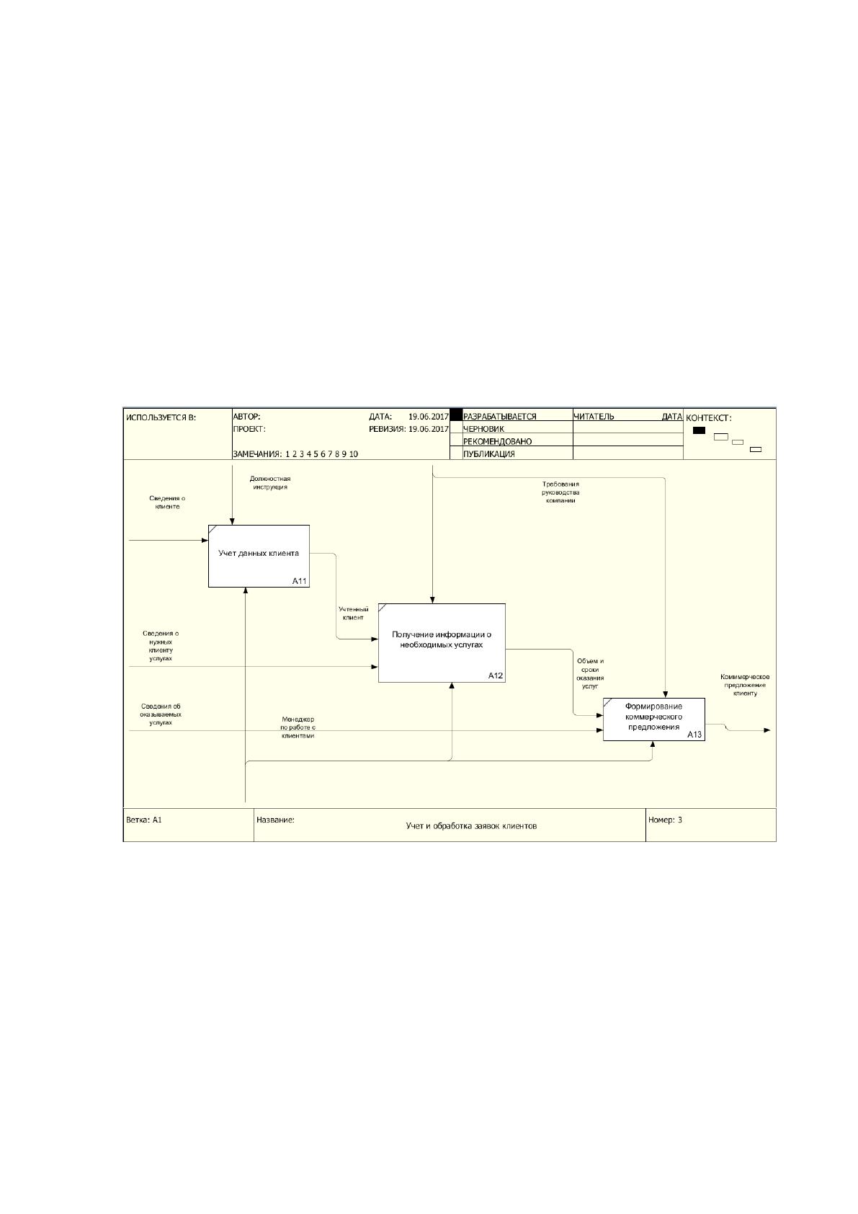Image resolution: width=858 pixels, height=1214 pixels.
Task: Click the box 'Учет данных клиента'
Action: (259, 556)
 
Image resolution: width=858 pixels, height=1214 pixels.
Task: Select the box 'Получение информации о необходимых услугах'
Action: (442, 643)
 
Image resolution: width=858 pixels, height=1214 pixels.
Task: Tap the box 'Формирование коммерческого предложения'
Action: (654, 719)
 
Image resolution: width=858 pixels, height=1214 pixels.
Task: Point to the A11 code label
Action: (300, 581)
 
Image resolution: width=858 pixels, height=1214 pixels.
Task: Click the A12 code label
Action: (495, 675)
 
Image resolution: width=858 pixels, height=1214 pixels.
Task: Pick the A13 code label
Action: (694, 735)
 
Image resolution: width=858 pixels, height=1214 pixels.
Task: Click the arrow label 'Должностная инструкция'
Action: (269, 483)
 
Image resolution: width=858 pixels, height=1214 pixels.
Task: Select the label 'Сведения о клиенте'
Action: (167, 502)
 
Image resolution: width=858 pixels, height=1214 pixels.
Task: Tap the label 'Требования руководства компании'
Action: (560, 492)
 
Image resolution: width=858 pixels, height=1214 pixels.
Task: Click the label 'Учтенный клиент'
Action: (353, 613)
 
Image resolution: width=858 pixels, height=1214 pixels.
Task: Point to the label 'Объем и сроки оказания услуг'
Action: (590, 673)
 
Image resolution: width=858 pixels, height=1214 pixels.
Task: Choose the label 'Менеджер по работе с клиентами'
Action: (298, 727)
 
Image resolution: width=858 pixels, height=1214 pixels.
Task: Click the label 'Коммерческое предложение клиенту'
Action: (745, 685)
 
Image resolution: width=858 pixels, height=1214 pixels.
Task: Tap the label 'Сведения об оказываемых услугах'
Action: (161, 714)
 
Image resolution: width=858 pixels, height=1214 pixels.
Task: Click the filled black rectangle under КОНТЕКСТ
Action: (699, 430)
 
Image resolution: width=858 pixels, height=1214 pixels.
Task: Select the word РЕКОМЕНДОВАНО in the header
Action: (497, 442)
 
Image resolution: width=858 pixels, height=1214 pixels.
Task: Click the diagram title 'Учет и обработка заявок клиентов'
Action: (471, 826)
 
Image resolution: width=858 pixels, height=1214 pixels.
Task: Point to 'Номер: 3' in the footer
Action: (665, 820)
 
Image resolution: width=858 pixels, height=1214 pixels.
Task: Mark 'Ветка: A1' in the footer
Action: (144, 820)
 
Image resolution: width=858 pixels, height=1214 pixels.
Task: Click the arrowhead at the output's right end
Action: (767, 730)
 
